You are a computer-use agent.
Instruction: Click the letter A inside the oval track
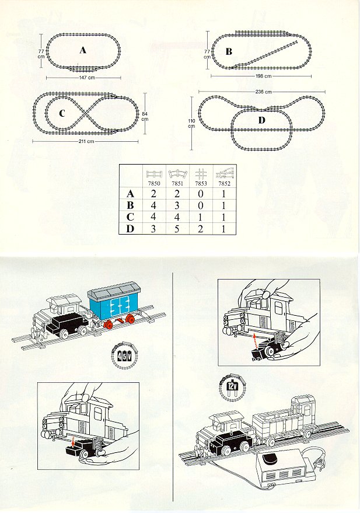83,50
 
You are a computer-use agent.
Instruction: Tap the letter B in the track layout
229,51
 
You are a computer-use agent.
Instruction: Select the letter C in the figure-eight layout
62,114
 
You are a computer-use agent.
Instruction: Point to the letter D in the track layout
261,120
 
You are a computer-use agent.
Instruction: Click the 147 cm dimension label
87,78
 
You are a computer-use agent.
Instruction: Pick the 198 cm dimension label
264,76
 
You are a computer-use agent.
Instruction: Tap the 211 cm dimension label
86,141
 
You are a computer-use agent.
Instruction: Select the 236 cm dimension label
264,92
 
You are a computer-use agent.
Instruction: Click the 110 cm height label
191,123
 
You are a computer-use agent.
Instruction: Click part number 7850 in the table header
154,184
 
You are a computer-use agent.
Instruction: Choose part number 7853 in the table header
201,184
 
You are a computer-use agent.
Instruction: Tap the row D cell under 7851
177,229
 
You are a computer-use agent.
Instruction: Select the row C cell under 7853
201,217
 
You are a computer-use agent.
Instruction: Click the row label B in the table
130,205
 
